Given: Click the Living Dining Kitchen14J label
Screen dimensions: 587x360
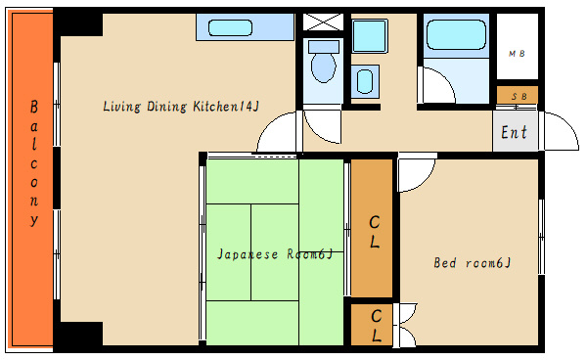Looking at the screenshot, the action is tap(181, 107).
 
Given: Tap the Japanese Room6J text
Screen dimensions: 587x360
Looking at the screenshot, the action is tap(275, 254).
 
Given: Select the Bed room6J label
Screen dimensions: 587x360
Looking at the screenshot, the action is tap(473, 263).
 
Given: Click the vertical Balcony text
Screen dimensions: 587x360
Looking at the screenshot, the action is tap(34, 162).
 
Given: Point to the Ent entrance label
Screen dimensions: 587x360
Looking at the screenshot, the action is tap(514, 132).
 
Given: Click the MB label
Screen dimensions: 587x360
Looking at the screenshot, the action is tap(517, 54).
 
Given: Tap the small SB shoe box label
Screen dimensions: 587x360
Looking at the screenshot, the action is tap(519, 97).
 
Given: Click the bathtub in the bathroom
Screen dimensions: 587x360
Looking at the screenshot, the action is tap(456, 35).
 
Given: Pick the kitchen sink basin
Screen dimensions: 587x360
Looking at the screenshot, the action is tap(230, 28).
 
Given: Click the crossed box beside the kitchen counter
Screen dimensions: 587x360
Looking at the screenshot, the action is tap(323, 22).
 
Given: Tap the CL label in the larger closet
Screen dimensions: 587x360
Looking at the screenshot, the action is tap(375, 232).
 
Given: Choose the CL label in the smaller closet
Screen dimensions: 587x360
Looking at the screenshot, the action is tap(377, 326).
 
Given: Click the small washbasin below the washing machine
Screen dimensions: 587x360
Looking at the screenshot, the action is tap(365, 81).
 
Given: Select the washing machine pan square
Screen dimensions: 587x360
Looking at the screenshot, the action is tap(370, 35).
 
